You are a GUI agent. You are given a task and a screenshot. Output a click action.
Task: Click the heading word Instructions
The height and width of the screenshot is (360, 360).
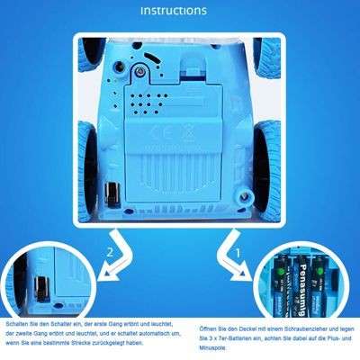(x=180, y=11)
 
